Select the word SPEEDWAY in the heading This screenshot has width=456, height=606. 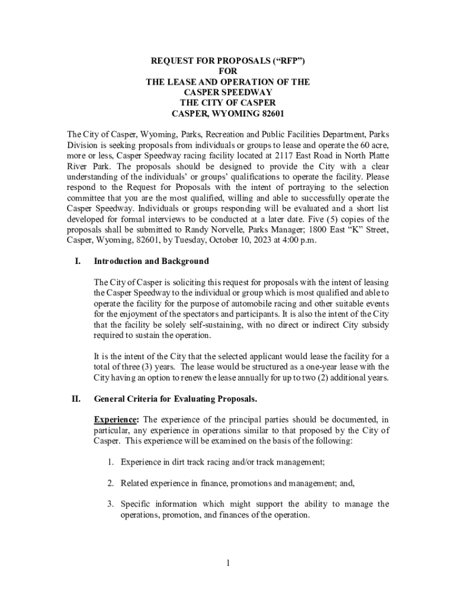point(248,92)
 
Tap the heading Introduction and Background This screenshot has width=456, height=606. point(151,261)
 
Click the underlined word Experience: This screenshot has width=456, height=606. point(115,420)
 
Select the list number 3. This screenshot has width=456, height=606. point(110,504)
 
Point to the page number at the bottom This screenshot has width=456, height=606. point(227,563)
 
